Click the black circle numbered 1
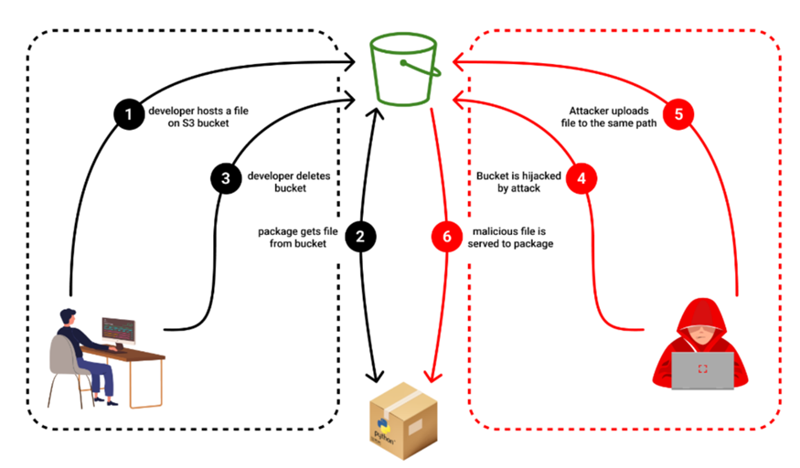click(x=129, y=115)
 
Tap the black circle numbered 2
click(x=360, y=237)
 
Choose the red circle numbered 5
click(x=677, y=115)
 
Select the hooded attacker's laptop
click(x=702, y=370)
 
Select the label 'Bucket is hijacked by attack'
click(x=517, y=179)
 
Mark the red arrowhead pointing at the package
click(x=427, y=378)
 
